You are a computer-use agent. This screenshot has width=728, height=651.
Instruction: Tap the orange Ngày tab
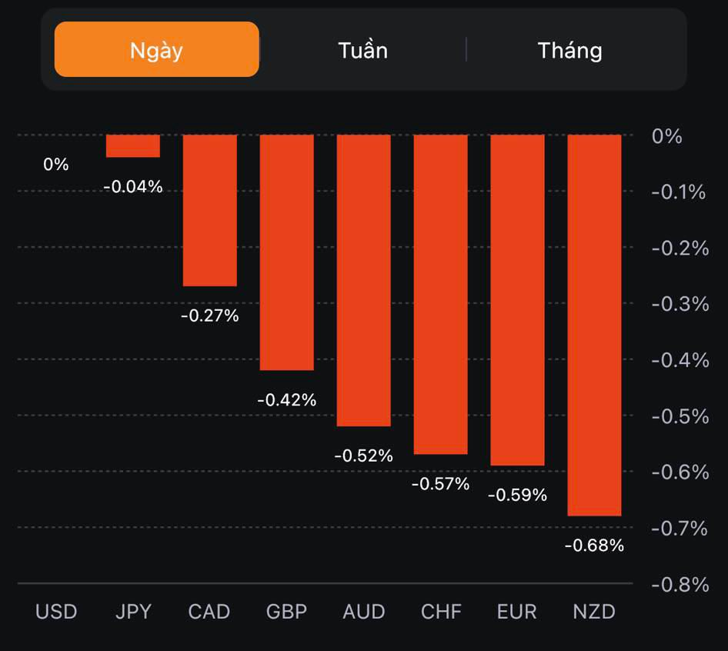pos(156,50)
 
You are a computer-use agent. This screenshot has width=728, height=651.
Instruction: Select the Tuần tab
pos(362,51)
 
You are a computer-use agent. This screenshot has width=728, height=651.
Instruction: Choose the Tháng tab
pos(569,51)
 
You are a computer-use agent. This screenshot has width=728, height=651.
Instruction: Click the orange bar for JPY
pos(132,146)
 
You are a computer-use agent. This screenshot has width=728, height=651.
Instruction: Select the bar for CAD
pos(209,210)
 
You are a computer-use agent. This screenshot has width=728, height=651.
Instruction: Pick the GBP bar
pos(286,252)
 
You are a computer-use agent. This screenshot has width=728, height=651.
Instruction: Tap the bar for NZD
pos(594,325)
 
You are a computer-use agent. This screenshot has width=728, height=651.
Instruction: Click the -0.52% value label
pos(363,456)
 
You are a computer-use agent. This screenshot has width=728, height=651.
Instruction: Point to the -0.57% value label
pos(440,484)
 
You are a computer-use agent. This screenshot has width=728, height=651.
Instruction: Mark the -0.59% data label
pos(517,495)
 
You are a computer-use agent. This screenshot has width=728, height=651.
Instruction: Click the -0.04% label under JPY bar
pos(132,186)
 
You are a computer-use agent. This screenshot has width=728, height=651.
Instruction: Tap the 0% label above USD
pos(55,164)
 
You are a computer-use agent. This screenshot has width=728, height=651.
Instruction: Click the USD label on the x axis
pos(56,612)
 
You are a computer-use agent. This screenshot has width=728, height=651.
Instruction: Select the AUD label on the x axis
pos(363,612)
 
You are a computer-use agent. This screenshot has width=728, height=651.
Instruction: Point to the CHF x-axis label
pos(441,612)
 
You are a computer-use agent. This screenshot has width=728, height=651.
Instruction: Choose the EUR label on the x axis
pos(517,612)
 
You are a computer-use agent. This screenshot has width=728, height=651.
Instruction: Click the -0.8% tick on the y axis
pos(680,585)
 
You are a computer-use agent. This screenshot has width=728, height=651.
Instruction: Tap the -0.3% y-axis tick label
pos(680,304)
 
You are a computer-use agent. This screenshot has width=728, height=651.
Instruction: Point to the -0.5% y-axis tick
pos(680,416)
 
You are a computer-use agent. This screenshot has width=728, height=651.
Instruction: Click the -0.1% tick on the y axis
pos(679,192)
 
